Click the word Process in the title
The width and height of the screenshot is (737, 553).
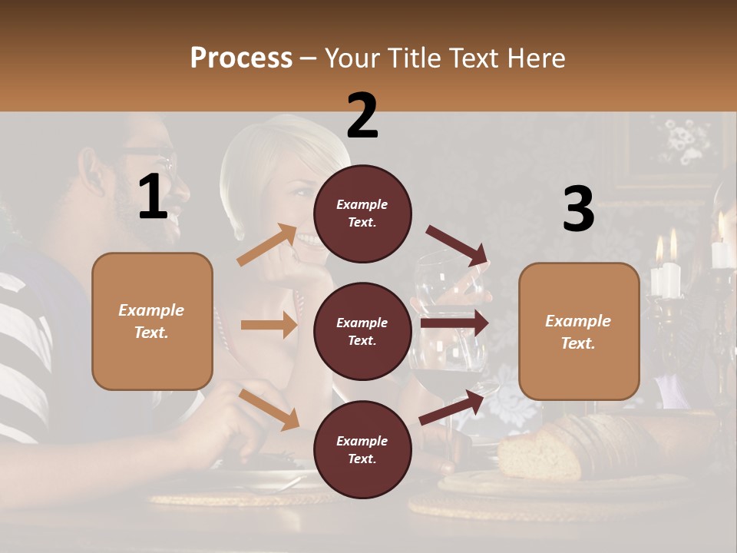[241, 58]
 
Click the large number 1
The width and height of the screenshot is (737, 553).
[153, 197]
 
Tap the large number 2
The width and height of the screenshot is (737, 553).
[362, 115]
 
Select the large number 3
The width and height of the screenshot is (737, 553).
[578, 209]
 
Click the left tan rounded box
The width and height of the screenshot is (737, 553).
[152, 321]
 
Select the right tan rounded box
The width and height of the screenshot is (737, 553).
[579, 331]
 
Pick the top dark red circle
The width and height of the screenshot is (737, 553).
[362, 214]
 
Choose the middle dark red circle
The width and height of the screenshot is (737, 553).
[362, 332]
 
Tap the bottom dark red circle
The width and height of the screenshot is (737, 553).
[362, 449]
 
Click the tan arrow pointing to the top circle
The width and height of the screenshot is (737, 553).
[267, 245]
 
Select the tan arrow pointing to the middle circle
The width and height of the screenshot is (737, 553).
[269, 325]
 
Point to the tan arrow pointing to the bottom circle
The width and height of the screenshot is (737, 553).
[269, 409]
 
